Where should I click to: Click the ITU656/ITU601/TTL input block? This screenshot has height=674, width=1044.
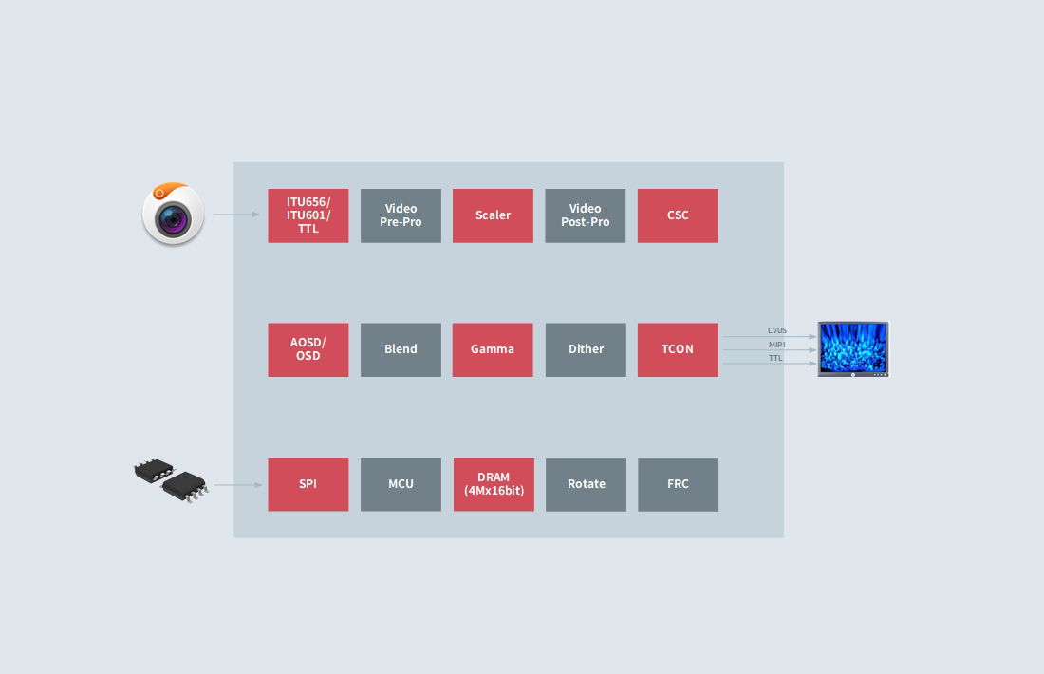click(308, 215)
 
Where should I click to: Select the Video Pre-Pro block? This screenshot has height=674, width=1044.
click(401, 215)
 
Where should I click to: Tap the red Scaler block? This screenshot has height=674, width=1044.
click(493, 215)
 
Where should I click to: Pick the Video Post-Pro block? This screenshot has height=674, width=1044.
click(586, 215)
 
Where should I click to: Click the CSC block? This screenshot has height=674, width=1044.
click(678, 215)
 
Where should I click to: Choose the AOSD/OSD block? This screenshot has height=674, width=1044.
click(308, 349)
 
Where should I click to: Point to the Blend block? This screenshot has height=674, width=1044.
click(401, 349)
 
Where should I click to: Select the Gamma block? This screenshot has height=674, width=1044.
click(493, 349)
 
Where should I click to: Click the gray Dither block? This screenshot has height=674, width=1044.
click(586, 349)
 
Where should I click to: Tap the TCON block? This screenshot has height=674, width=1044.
click(678, 349)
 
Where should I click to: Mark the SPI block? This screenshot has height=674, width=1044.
click(308, 484)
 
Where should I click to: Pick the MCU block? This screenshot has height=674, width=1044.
click(401, 484)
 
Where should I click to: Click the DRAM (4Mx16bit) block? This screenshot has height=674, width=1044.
click(494, 484)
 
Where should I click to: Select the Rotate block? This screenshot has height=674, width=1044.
click(586, 484)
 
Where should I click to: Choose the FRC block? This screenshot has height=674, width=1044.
click(678, 484)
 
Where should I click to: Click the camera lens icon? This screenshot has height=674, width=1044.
click(173, 215)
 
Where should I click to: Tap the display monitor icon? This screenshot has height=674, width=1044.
click(853, 349)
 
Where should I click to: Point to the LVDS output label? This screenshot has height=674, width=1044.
click(777, 330)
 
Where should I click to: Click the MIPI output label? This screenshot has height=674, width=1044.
click(777, 345)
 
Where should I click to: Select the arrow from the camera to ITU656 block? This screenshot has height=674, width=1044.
click(236, 215)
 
